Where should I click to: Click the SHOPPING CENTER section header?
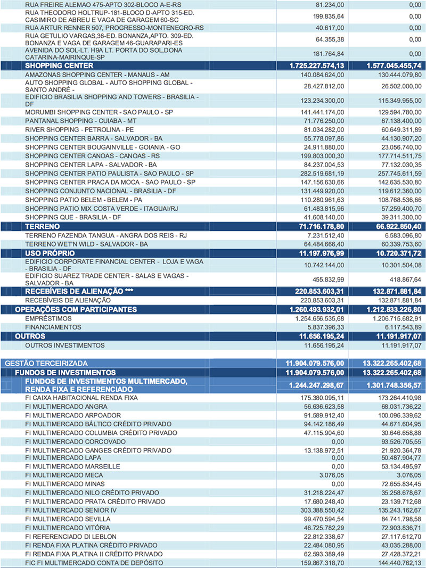click(x=60, y=65)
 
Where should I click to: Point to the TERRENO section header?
click(x=43, y=226)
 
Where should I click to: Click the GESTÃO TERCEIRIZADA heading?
click(x=42, y=363)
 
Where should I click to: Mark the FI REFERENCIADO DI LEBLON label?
click(x=70, y=536)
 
